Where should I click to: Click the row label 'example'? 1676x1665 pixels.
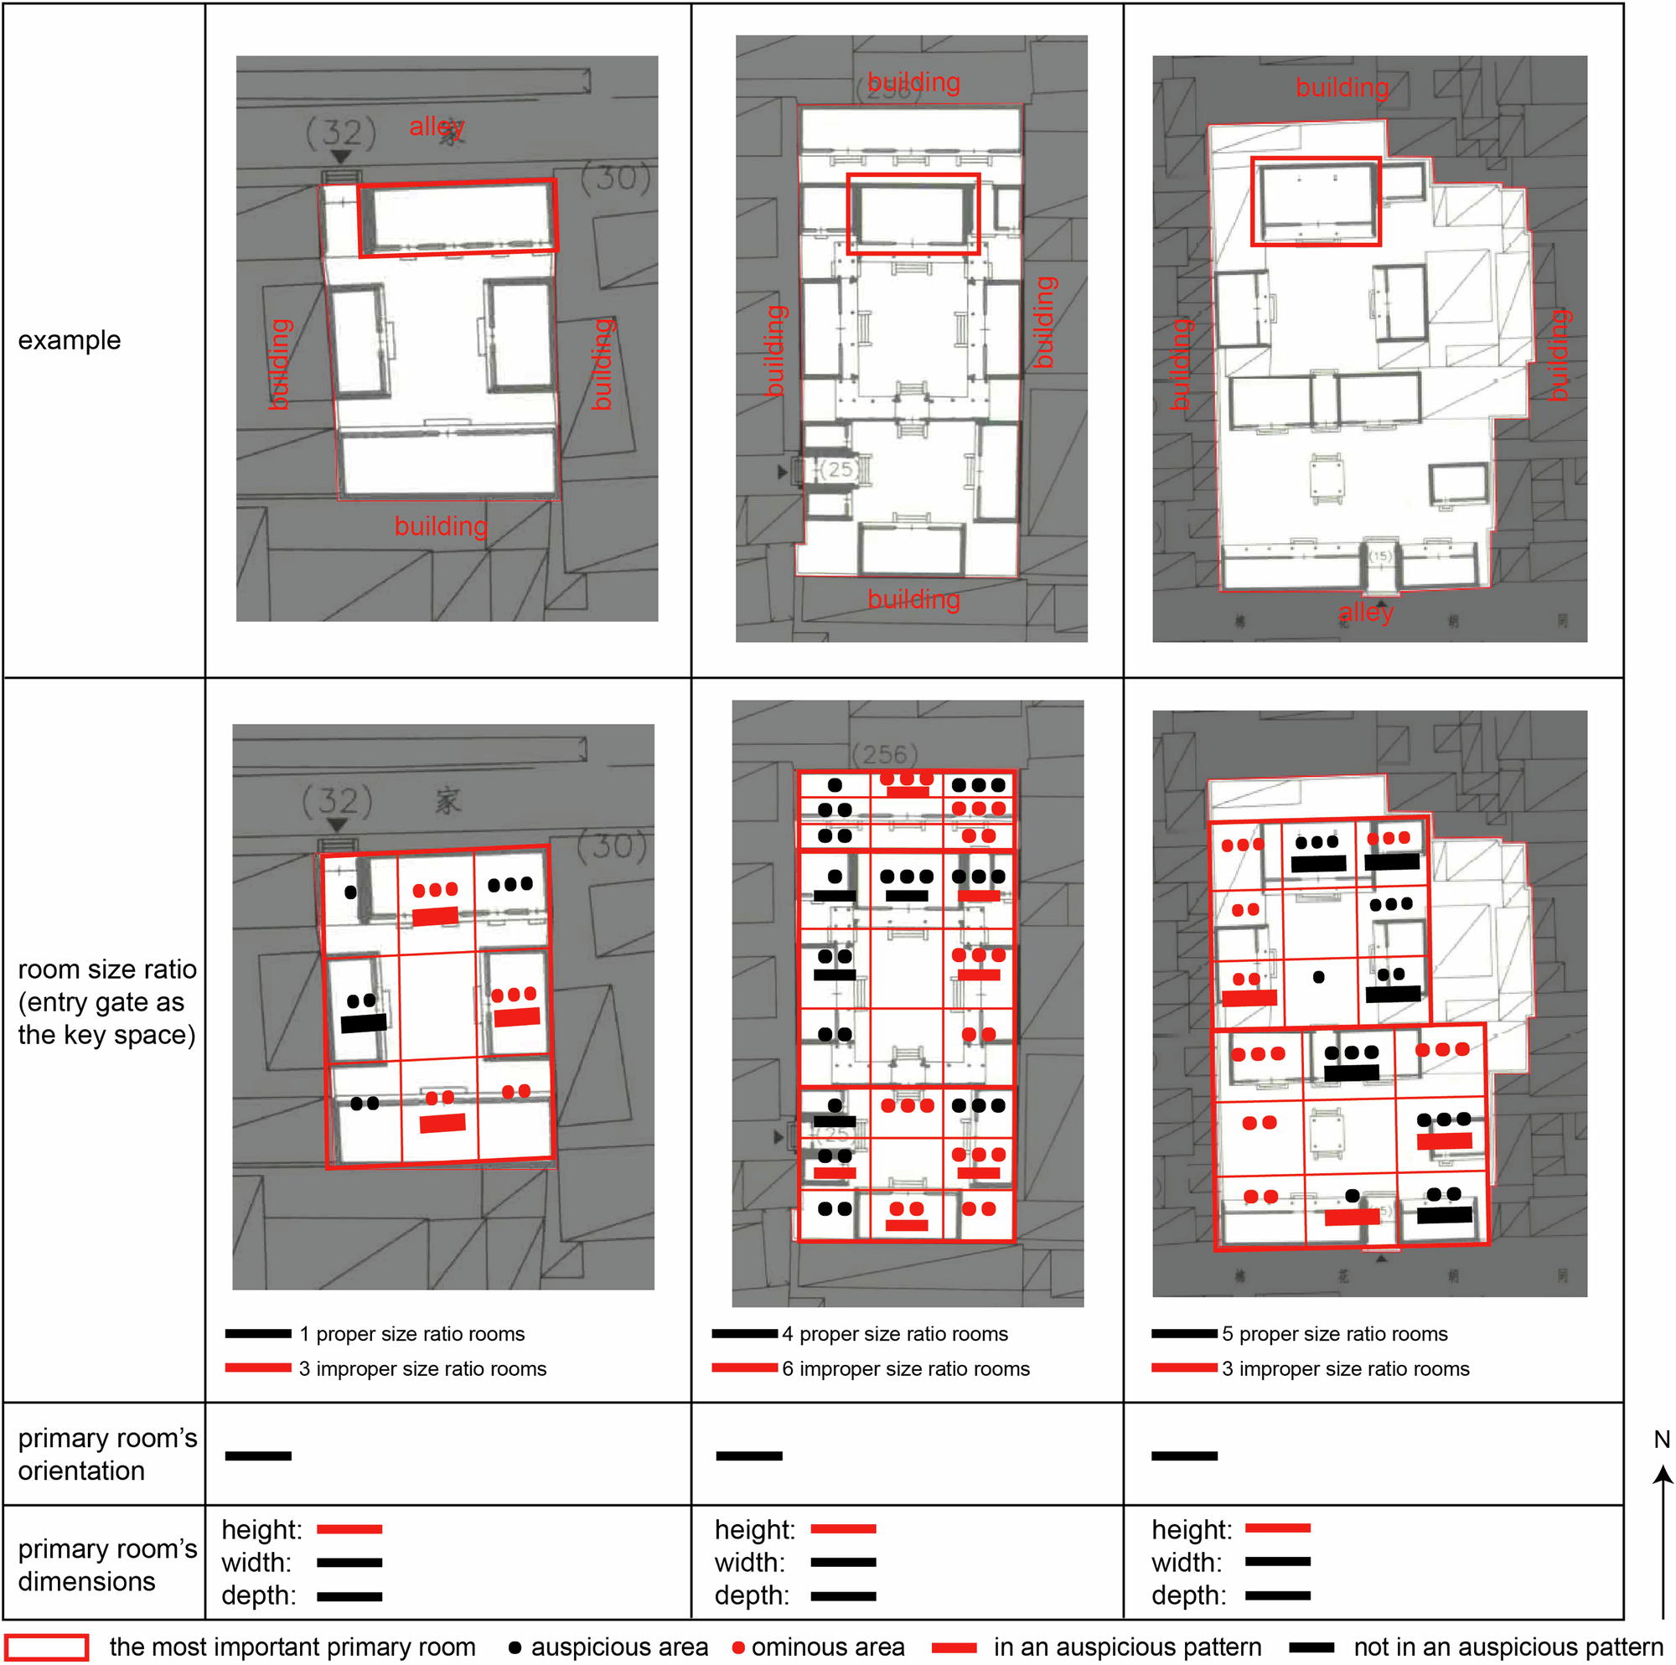70,340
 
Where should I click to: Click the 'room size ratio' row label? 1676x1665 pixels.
106,1001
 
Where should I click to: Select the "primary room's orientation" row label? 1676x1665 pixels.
106,1454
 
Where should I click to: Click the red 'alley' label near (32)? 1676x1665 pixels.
437,127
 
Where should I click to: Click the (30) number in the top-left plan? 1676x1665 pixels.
615,178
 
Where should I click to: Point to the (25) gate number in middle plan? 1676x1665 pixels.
839,469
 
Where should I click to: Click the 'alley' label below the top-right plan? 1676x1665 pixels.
1365,613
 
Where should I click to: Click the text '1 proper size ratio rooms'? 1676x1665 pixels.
411,1333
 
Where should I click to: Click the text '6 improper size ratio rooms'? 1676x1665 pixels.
905,1368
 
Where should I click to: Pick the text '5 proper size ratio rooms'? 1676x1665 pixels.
1334,1333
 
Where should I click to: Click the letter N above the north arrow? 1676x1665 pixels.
1661,1440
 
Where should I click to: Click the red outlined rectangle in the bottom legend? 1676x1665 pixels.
47,1647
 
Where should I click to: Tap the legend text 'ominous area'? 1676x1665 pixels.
827,1647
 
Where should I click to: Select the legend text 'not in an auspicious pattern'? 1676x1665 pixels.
1508,1647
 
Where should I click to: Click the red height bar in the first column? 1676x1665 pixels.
349,1528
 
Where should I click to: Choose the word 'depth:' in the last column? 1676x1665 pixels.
1188,1595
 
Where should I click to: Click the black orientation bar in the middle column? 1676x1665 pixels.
748,1455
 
